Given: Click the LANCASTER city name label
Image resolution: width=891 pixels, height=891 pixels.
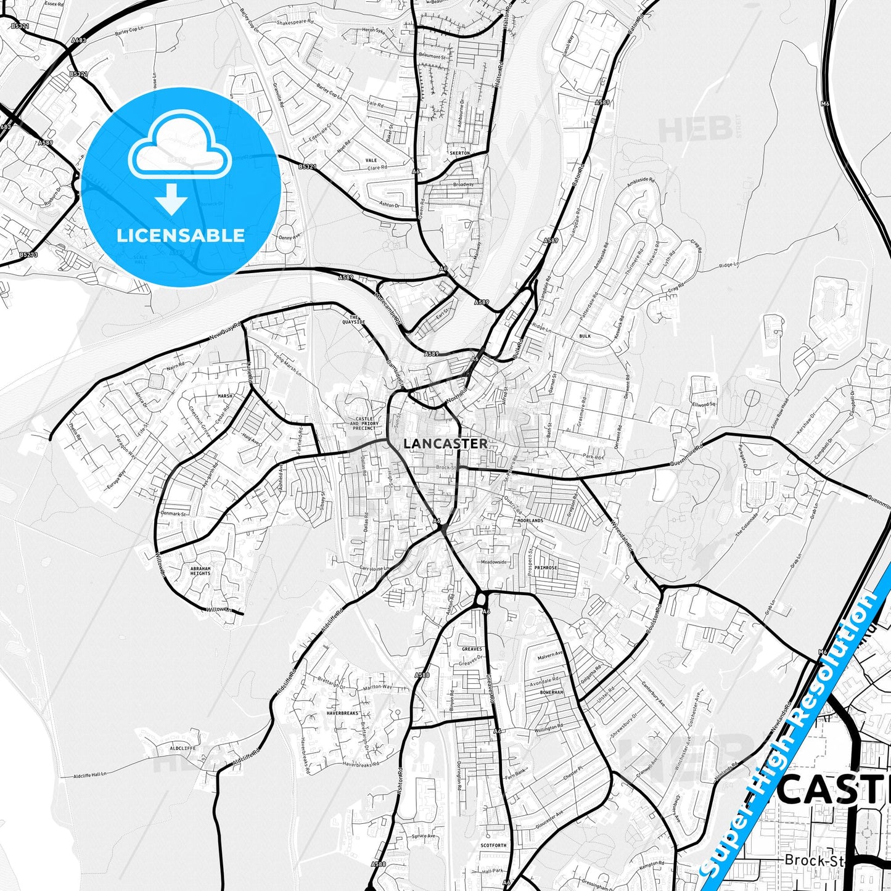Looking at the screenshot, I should tap(445, 443).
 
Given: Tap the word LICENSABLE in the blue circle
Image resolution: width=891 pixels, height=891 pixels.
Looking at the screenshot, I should tap(181, 235).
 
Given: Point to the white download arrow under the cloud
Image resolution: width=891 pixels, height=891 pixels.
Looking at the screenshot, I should tap(171, 199).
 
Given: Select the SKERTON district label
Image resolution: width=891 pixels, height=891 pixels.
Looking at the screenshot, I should tap(459, 153).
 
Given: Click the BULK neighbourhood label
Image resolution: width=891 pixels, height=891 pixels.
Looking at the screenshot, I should tap(585, 336).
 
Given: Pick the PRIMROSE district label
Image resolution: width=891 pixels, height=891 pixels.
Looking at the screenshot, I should tap(546, 568).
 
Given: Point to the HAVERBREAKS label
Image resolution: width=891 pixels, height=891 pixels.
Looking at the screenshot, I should tap(342, 713).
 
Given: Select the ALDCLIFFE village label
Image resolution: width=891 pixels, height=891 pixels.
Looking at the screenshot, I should tap(183, 748).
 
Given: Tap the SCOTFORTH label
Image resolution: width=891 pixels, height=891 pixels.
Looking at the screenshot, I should tap(493, 845).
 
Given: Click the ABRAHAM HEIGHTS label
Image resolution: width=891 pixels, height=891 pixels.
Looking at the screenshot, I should tap(200, 571).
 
